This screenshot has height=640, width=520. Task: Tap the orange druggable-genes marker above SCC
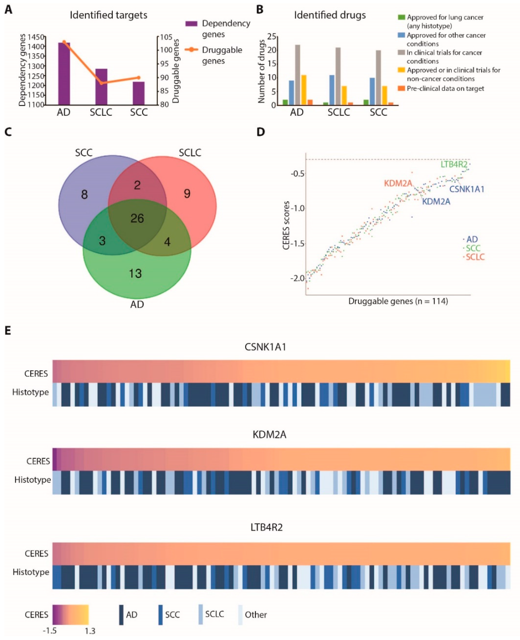point(138,77)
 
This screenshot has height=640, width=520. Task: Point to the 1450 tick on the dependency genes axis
point(36,37)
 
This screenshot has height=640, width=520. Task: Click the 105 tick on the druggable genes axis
point(166,37)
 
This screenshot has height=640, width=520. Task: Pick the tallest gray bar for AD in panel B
point(298,75)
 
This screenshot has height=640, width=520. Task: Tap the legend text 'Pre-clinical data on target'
point(445,88)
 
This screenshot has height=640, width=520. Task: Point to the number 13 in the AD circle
point(135,273)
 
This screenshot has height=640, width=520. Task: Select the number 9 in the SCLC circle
point(187,194)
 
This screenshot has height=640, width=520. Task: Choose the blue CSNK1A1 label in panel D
point(467,189)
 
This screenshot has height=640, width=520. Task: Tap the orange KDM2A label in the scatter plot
point(398,183)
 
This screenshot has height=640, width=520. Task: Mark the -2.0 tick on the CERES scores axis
point(297,278)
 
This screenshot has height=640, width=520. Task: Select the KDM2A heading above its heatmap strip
point(269,435)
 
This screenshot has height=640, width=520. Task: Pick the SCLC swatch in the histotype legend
point(200,614)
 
